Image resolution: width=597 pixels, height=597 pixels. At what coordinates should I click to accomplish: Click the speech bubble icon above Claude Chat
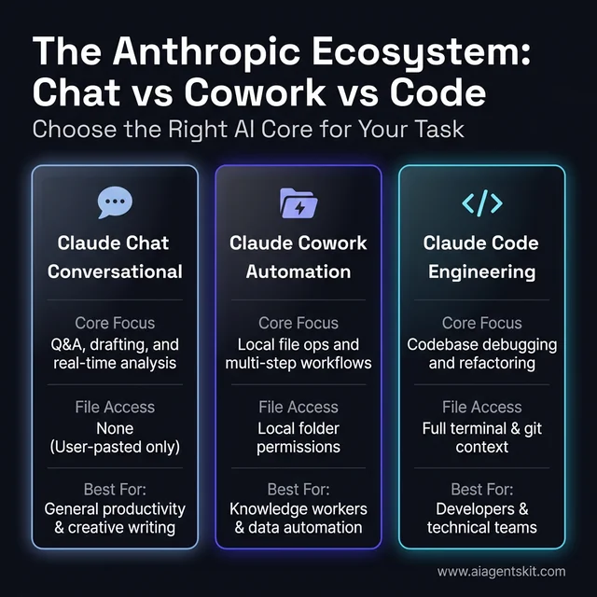coord(115,202)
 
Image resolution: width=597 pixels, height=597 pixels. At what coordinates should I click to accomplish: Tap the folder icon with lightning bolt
coord(298,202)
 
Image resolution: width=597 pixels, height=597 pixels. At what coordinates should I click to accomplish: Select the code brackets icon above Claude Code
coord(481,202)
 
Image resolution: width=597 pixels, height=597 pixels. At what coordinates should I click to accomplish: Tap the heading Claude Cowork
coord(298,243)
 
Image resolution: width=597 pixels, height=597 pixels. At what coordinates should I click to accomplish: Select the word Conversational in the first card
coord(115,272)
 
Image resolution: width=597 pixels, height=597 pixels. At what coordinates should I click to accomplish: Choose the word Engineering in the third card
coord(481,272)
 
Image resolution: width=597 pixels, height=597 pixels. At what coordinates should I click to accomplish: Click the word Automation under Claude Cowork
coord(298,272)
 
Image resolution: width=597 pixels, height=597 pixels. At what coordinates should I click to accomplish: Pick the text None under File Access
coord(115,427)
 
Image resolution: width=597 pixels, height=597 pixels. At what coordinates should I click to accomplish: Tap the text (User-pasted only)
coord(115,447)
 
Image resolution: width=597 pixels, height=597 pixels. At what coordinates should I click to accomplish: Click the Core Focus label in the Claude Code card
coord(481,323)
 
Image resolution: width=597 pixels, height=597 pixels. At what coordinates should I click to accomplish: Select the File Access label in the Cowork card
coord(298,407)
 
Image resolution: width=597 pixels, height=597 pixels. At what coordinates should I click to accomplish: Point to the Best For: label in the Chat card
coord(115,489)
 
